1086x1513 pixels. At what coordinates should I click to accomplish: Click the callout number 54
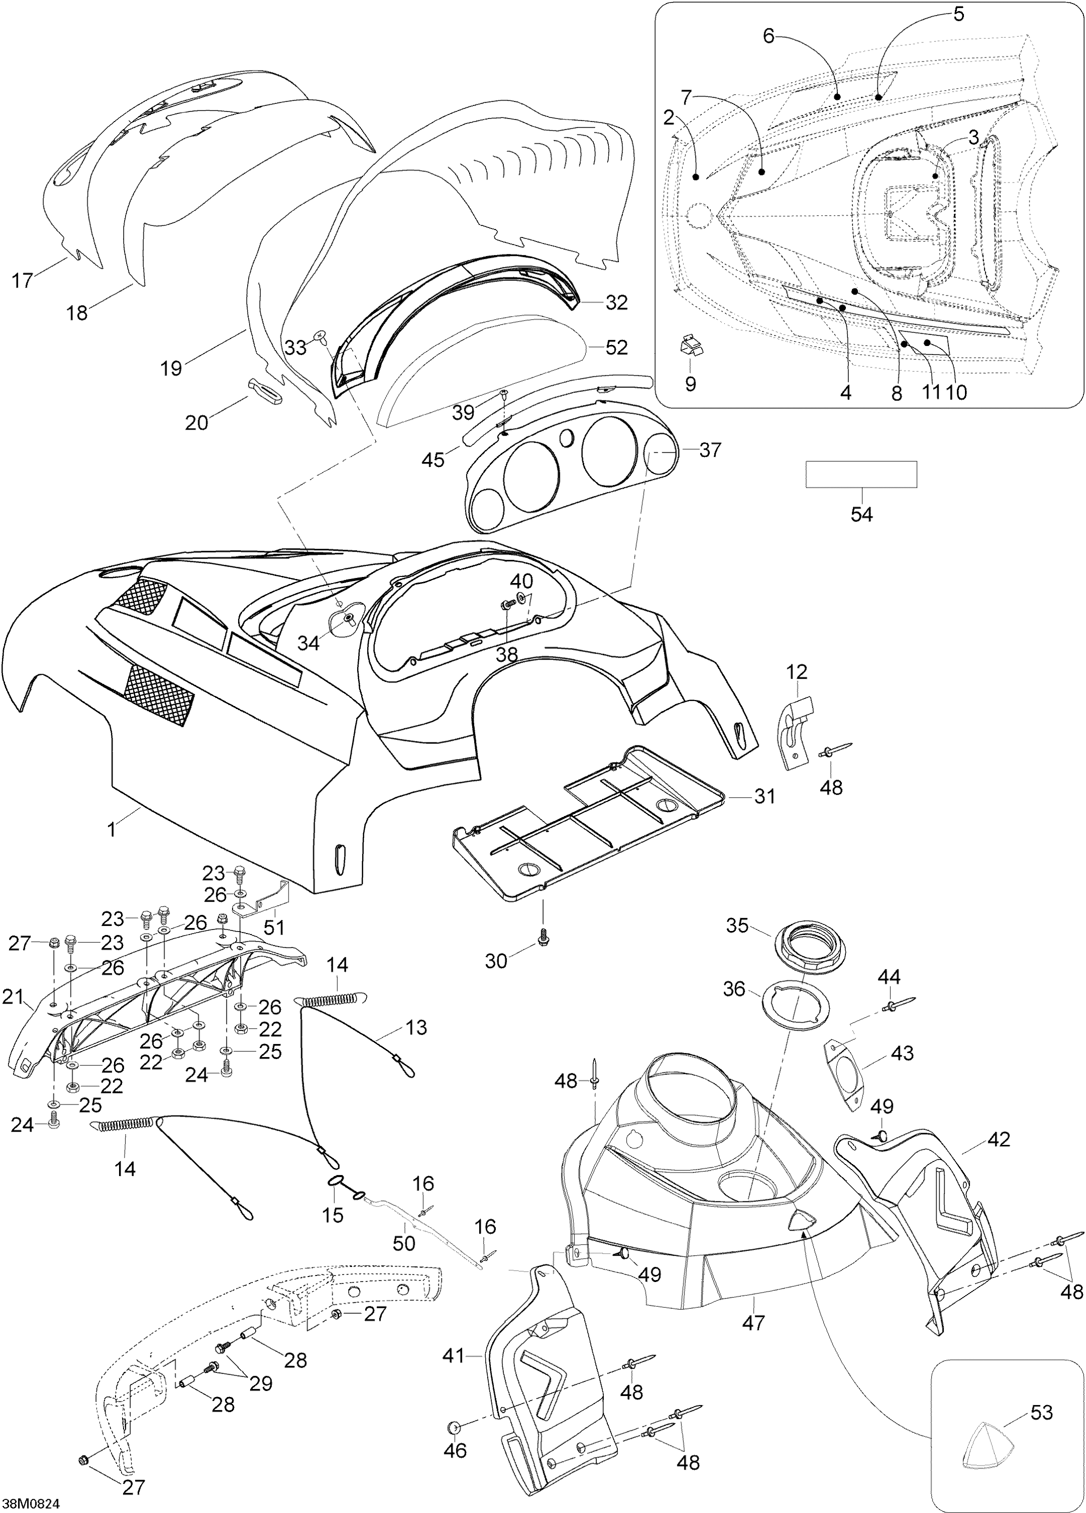(x=861, y=514)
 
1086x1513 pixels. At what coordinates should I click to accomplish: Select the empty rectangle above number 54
(x=861, y=474)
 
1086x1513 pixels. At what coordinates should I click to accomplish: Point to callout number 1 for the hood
(x=111, y=831)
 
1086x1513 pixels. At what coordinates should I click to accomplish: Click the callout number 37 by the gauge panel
(x=710, y=450)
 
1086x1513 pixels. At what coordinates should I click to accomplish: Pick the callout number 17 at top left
(x=23, y=280)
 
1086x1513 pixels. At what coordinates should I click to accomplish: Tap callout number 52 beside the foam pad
(x=616, y=347)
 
